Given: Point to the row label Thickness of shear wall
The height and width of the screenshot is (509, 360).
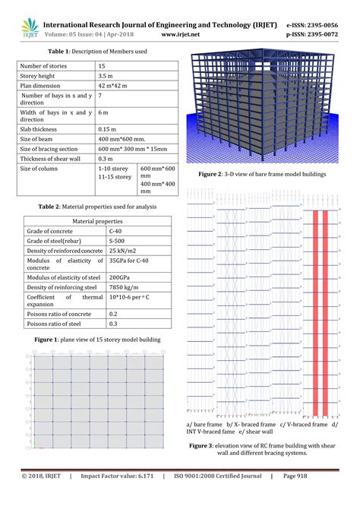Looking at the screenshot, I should (50, 158).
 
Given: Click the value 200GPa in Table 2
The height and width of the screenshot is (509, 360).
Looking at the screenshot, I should (119, 277).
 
